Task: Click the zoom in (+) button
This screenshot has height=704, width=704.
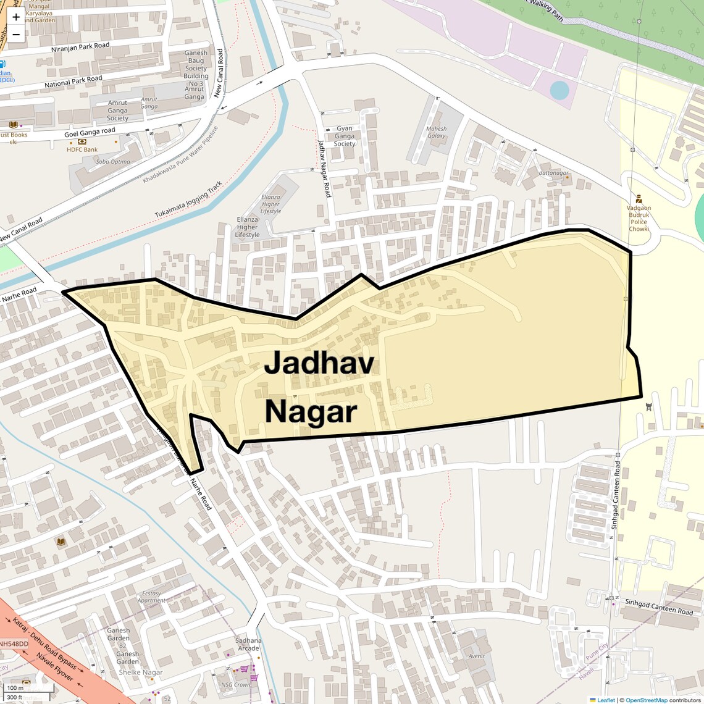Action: (x=16, y=17)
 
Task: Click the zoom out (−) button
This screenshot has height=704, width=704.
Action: (x=16, y=35)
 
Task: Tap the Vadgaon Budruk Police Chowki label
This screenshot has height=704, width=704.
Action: (x=639, y=219)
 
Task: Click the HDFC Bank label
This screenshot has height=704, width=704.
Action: (x=83, y=149)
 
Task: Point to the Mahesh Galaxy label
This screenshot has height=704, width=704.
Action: (x=436, y=132)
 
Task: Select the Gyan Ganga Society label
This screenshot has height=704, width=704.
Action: (x=345, y=136)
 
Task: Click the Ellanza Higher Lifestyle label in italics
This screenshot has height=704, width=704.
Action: (x=270, y=204)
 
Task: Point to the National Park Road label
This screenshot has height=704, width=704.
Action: (x=73, y=81)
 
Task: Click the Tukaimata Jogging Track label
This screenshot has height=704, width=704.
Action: (x=188, y=199)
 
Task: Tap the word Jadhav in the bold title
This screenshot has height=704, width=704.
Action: (x=319, y=363)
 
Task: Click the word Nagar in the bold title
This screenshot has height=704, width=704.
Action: (x=311, y=411)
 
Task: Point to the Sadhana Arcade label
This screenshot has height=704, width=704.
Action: (x=248, y=644)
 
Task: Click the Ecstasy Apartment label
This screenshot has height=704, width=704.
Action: (x=152, y=597)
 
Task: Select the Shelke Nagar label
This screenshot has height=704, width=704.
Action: (x=141, y=673)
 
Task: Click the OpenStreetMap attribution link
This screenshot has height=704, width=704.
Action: (x=646, y=700)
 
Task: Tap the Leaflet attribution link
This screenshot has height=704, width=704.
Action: (x=605, y=700)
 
